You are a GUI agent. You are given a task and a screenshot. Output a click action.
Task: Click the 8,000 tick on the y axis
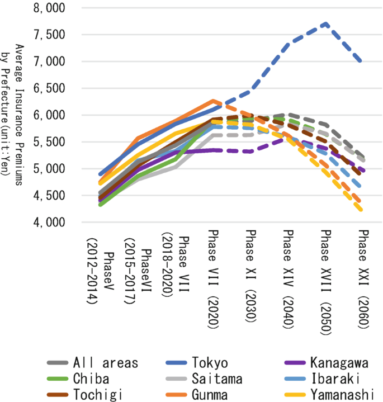[x=49, y=8]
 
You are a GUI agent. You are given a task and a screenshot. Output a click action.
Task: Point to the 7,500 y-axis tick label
[x=49, y=35]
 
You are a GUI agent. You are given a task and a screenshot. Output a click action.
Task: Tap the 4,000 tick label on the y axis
[x=49, y=223]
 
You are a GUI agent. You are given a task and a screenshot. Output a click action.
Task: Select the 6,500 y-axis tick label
[x=49, y=88]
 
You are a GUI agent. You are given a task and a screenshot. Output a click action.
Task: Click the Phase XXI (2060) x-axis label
[x=363, y=278]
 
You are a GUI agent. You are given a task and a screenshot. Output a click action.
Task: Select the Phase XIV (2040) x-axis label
[x=288, y=278]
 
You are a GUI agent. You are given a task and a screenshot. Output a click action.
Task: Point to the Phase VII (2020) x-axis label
[x=213, y=278]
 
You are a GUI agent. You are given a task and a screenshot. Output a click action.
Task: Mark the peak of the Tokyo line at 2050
[x=325, y=24]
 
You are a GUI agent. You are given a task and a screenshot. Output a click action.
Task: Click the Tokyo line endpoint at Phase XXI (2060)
[x=363, y=61]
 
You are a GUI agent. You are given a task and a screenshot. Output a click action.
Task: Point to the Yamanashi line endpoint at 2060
[x=363, y=210]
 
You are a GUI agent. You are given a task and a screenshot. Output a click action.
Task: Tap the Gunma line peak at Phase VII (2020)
[x=213, y=101]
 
